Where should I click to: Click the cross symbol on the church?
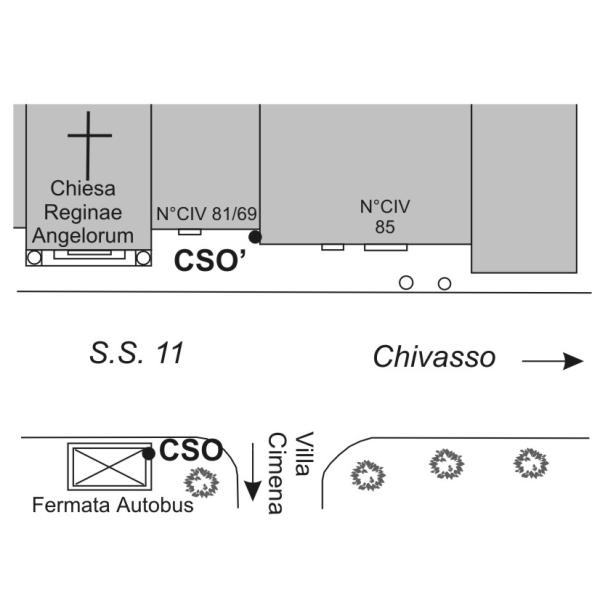(x=89, y=141)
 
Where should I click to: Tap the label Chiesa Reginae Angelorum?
(x=83, y=212)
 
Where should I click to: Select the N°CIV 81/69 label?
(x=206, y=213)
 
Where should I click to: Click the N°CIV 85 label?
(x=385, y=217)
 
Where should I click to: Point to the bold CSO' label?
(x=210, y=261)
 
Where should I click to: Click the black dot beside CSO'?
(x=255, y=237)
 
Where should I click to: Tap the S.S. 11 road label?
(x=136, y=353)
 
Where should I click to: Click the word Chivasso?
(x=434, y=357)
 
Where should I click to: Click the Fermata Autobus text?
(x=112, y=504)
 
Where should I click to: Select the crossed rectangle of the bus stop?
(x=106, y=466)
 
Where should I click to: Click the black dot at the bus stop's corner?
(x=148, y=453)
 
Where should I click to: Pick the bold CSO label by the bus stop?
(x=191, y=450)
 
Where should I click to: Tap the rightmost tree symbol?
(x=529, y=463)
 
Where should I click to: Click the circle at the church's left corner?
(x=34, y=258)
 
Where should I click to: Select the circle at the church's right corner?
(x=143, y=258)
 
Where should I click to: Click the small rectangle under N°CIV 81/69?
(x=188, y=232)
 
